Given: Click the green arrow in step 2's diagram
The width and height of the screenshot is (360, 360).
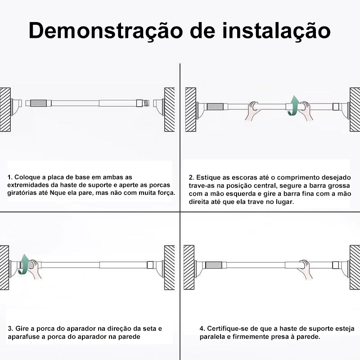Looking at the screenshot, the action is [293, 105].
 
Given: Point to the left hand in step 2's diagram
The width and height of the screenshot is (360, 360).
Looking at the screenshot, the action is [253, 110].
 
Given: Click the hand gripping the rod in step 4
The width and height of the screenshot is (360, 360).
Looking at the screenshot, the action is [305, 269].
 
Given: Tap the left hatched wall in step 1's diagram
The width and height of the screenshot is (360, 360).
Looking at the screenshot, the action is [5, 109].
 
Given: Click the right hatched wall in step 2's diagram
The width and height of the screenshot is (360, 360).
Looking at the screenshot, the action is [355, 109].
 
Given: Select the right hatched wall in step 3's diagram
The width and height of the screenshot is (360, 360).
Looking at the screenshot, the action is [170, 267].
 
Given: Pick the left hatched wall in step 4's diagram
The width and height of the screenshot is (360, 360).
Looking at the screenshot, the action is [189, 267].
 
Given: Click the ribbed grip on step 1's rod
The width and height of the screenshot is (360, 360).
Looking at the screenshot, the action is [38, 103].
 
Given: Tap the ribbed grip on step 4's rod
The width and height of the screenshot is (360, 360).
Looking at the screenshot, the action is [213, 265].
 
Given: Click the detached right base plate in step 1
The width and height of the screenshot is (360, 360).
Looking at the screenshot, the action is [159, 106].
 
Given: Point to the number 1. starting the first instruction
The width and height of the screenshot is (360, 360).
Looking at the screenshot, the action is [10, 177].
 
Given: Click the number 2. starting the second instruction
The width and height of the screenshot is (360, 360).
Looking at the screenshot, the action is [192, 177].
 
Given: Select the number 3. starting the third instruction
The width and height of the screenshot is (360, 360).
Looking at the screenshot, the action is [10, 328].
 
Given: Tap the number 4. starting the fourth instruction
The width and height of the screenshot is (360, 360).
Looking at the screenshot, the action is [202, 328].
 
